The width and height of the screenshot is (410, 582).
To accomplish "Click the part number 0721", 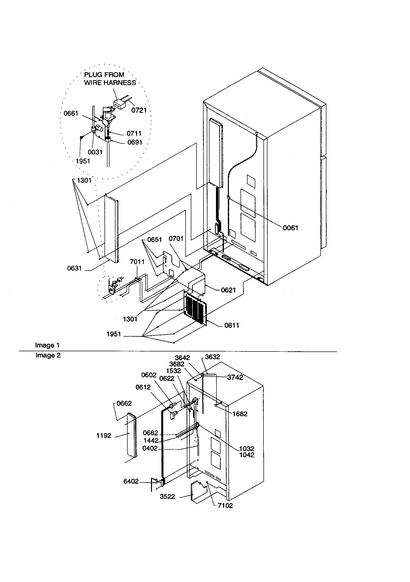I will pos(139,110).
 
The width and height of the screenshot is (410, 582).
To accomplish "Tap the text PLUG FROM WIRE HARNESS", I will pos(110,79).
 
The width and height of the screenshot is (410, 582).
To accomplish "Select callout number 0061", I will pos(290,228).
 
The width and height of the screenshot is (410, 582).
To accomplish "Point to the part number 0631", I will pos(74,268).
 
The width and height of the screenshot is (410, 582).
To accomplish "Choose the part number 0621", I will pos(228,290).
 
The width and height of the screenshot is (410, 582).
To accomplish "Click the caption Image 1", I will pos(47,345).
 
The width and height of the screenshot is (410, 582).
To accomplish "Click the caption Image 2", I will pos(48,355).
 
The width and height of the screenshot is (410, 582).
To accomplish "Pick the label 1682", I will pos(240,414).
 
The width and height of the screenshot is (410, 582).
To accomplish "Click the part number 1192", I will pos(104,436).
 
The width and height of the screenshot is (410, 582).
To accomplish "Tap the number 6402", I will pos(131,481).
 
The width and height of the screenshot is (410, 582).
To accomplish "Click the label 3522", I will pos(167,497).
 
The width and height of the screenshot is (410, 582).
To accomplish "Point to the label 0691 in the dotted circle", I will pos(135,142).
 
